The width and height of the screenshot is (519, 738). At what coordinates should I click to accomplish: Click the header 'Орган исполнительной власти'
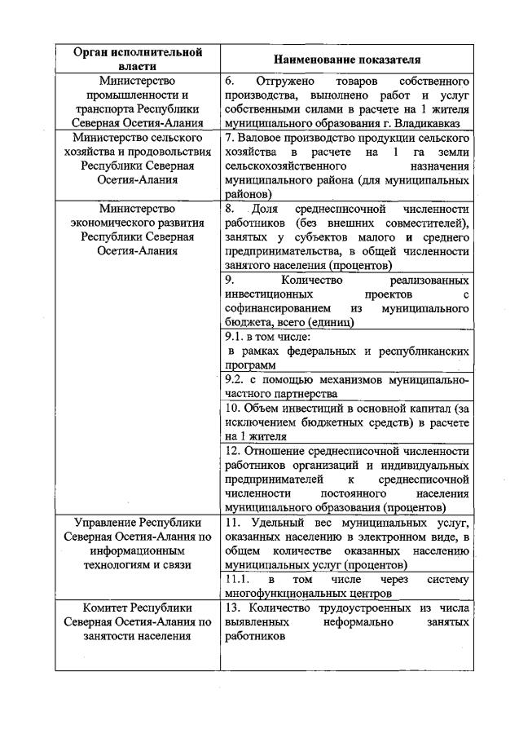pyautogui.click(x=137, y=59)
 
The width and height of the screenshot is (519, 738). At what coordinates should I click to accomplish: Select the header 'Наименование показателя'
pyautogui.click(x=346, y=60)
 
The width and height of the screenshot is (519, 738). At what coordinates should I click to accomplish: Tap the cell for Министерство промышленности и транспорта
pyautogui.click(x=137, y=102)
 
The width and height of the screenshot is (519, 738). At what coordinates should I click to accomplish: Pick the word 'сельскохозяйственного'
pyautogui.click(x=279, y=166)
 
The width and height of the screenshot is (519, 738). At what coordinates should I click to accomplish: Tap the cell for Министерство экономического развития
pyautogui.click(x=137, y=229)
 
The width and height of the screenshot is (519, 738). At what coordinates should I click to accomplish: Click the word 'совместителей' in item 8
pyautogui.click(x=429, y=223)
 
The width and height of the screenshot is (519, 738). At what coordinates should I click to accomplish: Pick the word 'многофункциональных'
pyautogui.click(x=282, y=594)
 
